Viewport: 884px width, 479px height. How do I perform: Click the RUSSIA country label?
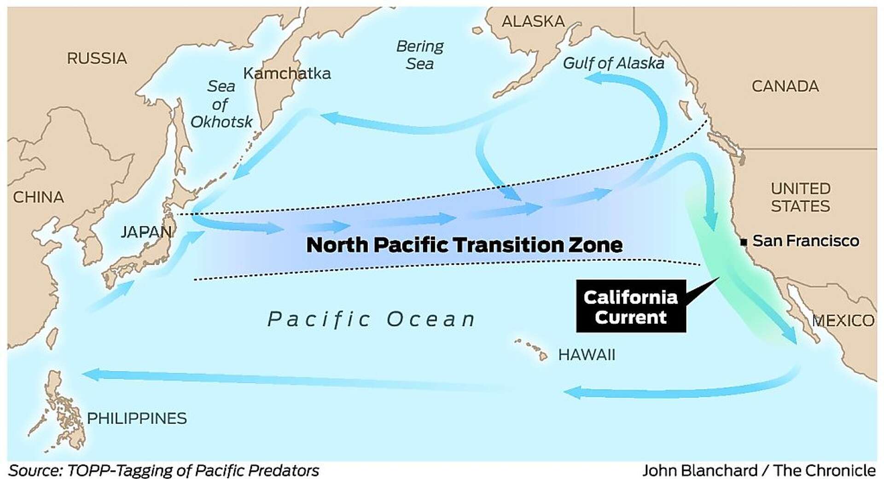coord(97,58)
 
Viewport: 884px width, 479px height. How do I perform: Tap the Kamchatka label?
coord(287,73)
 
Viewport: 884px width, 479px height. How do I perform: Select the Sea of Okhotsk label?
coord(221,104)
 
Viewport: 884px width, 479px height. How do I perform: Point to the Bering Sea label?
coord(419,54)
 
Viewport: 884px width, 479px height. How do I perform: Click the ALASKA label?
coord(533,21)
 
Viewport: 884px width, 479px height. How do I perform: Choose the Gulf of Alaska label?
coord(613,63)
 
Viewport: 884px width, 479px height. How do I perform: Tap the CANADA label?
coord(785,86)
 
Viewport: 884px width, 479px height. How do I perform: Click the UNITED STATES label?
coord(800,197)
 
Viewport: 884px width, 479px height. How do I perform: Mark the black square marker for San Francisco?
coord(743,242)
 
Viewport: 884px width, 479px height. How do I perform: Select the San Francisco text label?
coord(806,241)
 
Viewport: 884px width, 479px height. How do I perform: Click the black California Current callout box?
coord(631,306)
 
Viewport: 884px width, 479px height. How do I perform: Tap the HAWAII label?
coord(586,355)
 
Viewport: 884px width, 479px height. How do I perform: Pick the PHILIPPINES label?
coord(137,418)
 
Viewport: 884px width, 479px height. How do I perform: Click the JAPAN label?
coord(146,231)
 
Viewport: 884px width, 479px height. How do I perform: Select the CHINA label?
coord(38,197)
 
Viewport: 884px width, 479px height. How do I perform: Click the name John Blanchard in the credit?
coord(699,470)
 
